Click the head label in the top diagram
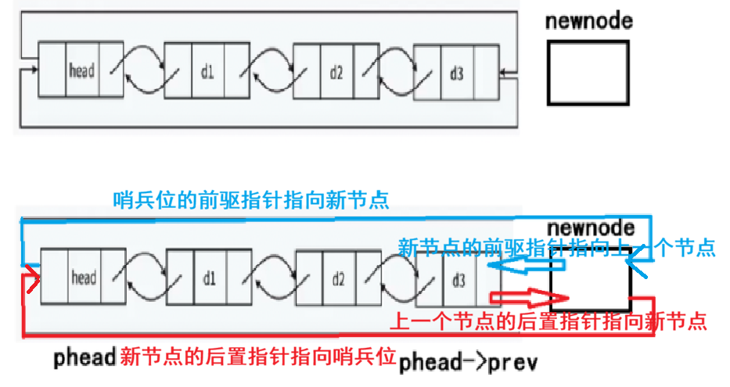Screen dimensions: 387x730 click(x=81, y=71)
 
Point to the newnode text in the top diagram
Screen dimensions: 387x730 click(x=589, y=20)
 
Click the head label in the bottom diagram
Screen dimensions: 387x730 click(x=83, y=278)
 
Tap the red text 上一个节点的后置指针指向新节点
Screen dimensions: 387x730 click(x=548, y=321)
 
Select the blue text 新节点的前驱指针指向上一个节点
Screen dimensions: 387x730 click(x=556, y=249)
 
